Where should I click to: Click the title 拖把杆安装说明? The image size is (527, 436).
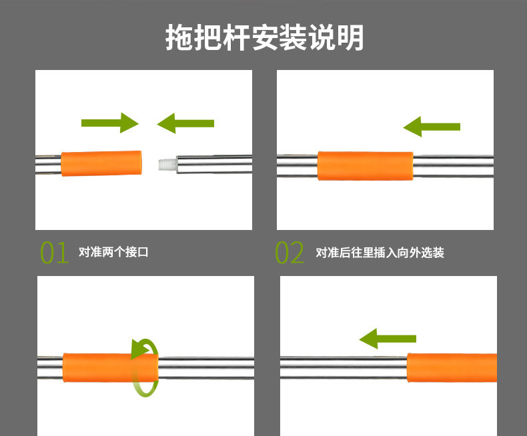click(x=264, y=38)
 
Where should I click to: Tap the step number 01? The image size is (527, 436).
click(x=55, y=253)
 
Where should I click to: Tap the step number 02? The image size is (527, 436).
click(x=290, y=253)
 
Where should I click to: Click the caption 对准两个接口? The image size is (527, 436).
click(x=113, y=253)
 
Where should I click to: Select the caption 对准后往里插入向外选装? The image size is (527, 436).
click(x=380, y=253)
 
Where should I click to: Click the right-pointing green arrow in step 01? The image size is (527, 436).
click(x=109, y=123)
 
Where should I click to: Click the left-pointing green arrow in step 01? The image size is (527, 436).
click(x=185, y=123)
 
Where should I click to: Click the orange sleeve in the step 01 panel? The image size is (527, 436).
click(x=102, y=163)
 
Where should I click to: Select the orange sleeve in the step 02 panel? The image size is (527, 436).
click(x=365, y=166)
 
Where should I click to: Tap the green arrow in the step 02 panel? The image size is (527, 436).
click(x=432, y=125)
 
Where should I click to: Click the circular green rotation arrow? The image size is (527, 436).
click(x=145, y=367)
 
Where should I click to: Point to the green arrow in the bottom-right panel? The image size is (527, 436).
click(x=388, y=338)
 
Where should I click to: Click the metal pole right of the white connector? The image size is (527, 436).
click(x=213, y=163)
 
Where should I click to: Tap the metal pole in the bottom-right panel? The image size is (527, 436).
click(x=344, y=368)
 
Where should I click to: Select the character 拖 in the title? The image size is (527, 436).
click(x=179, y=38)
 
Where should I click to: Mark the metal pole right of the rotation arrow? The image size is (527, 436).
click(x=207, y=368)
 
